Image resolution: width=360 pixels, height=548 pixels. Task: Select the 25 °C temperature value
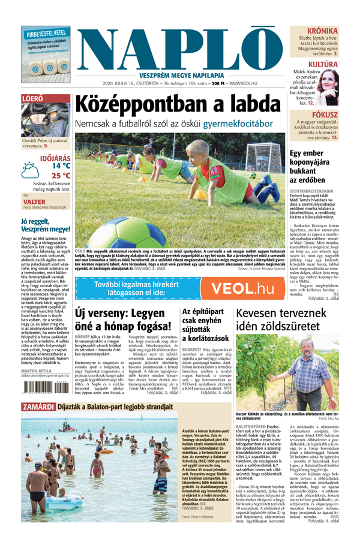(x=58, y=176)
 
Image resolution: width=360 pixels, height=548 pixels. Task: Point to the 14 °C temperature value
(x=58, y=165)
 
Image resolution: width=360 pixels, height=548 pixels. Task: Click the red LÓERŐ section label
(x=31, y=98)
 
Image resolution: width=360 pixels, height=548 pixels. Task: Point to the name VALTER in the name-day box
(x=36, y=203)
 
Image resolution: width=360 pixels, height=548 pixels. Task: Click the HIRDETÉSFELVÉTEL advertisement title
(x=46, y=34)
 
